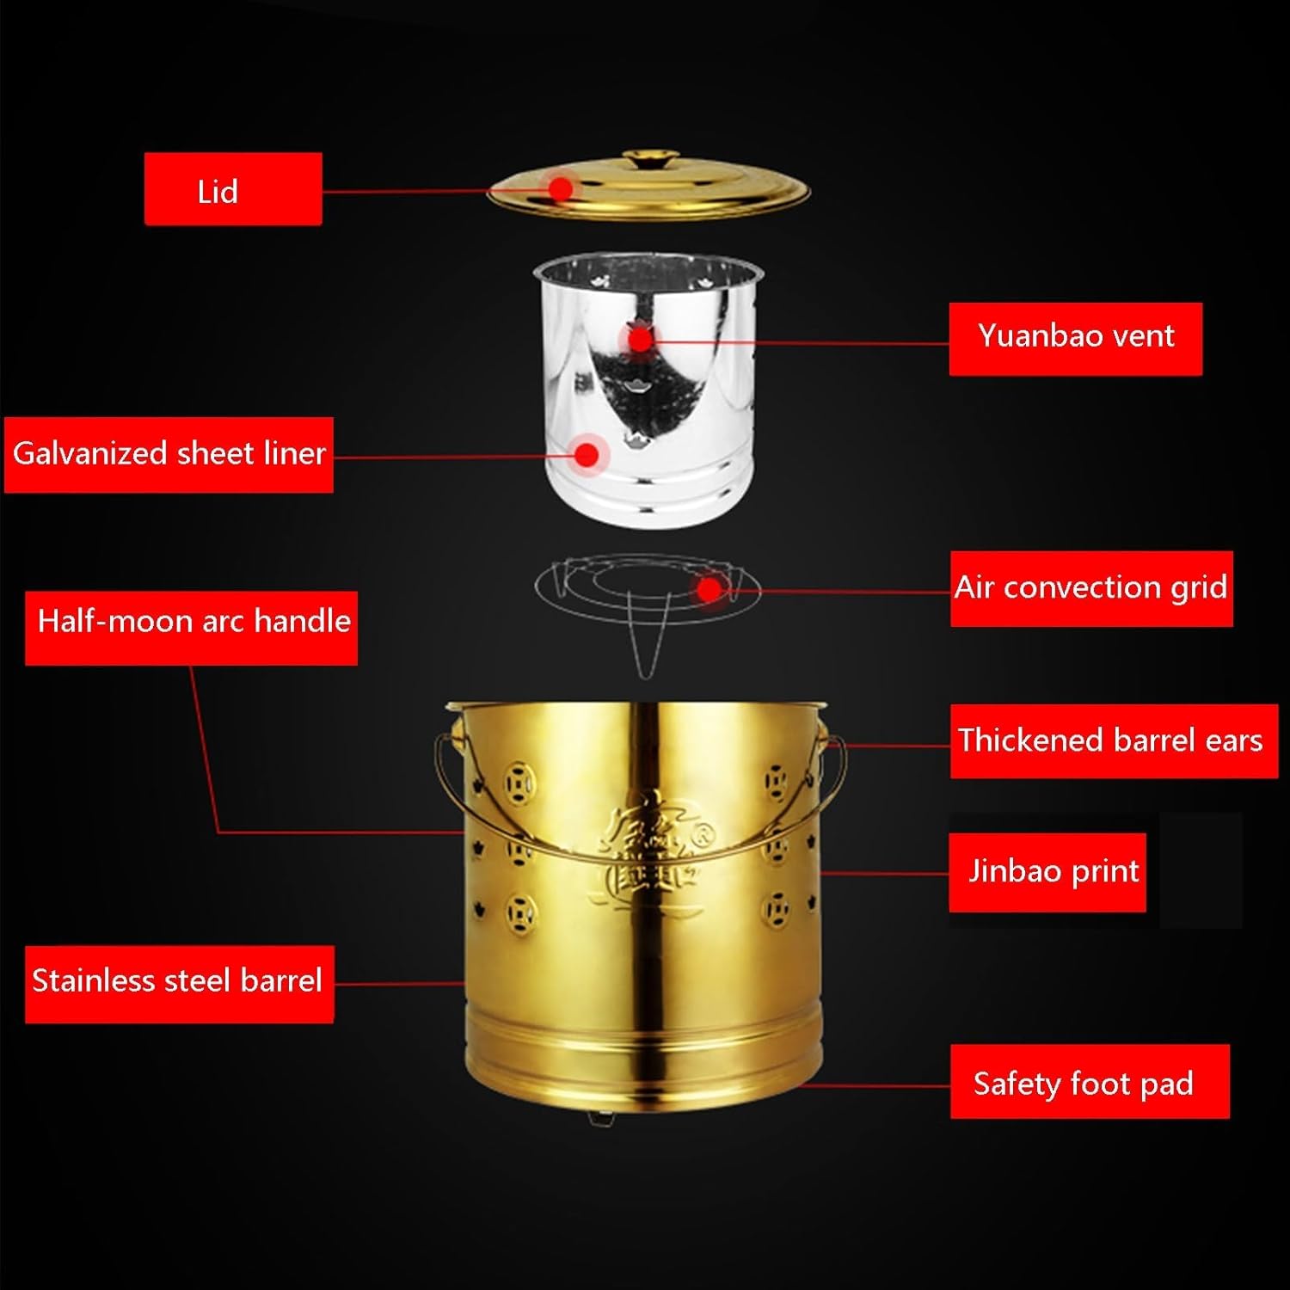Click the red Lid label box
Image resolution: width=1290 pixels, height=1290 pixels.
point(233,189)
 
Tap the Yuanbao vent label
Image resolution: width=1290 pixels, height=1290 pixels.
point(1075,338)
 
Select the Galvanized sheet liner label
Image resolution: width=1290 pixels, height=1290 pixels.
point(169,454)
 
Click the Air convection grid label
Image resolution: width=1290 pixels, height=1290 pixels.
point(1090,588)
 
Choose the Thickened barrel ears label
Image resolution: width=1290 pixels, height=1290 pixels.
point(1113,740)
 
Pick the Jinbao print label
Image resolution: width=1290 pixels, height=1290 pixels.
point(1047,872)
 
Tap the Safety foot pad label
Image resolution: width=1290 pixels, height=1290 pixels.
point(1089,1082)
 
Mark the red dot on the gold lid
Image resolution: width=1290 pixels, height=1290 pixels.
point(561,187)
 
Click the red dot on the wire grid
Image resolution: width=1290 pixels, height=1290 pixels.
point(708,590)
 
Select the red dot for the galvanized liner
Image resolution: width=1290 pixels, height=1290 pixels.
point(587,454)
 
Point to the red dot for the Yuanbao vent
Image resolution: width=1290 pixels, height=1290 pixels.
point(640,339)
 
